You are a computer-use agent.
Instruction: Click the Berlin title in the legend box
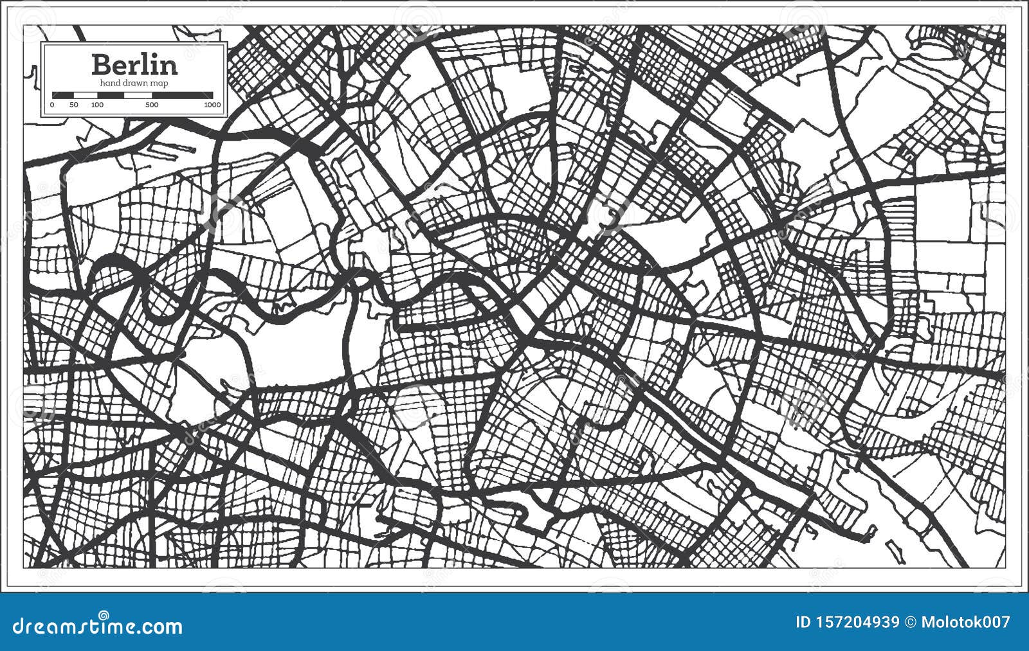click(134, 64)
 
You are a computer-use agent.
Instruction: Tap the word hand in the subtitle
click(110, 84)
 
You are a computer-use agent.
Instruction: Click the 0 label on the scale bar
click(53, 105)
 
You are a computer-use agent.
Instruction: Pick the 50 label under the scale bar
click(74, 105)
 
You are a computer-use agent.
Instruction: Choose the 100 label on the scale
click(97, 105)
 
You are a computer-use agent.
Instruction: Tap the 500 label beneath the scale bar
click(152, 105)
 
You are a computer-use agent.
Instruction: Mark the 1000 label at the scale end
click(212, 105)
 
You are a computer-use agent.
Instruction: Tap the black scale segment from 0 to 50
click(64, 95)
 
